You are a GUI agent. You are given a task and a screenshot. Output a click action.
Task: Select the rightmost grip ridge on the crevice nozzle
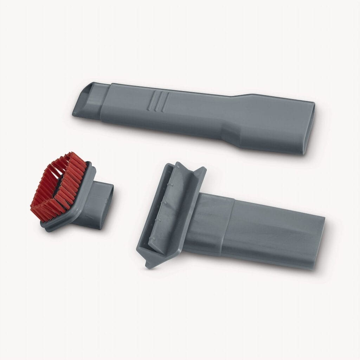point(166,102)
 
